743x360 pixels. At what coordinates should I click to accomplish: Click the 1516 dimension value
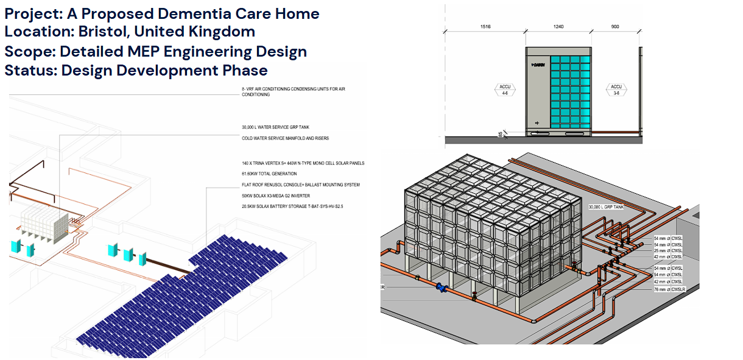[x=485, y=27]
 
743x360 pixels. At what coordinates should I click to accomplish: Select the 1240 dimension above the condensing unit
[x=558, y=27]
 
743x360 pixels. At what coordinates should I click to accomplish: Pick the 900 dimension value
[x=615, y=27]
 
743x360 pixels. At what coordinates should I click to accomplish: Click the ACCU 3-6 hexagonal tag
[x=616, y=90]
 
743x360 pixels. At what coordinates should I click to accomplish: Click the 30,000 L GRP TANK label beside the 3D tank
[x=606, y=207]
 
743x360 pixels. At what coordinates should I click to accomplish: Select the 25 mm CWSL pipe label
[x=667, y=251]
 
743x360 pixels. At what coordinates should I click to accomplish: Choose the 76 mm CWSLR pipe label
[x=669, y=289]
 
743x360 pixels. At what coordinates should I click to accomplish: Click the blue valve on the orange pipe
[x=442, y=289]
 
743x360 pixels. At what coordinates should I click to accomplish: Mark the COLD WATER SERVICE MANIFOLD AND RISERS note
[x=285, y=139]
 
